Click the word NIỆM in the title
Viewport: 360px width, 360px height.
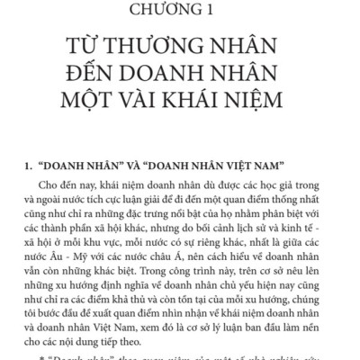click(268, 99)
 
